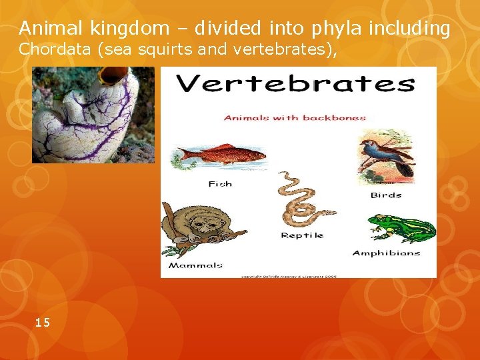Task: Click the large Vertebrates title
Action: [294, 85]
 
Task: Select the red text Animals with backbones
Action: [295, 118]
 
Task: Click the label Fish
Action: [220, 183]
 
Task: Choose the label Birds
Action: [386, 195]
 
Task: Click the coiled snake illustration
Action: [299, 200]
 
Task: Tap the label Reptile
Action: [302, 235]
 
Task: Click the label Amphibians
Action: [386, 253]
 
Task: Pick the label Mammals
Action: [195, 265]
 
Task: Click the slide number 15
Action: [42, 323]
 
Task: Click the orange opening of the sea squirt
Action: [114, 75]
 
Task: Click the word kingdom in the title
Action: [119, 28]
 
